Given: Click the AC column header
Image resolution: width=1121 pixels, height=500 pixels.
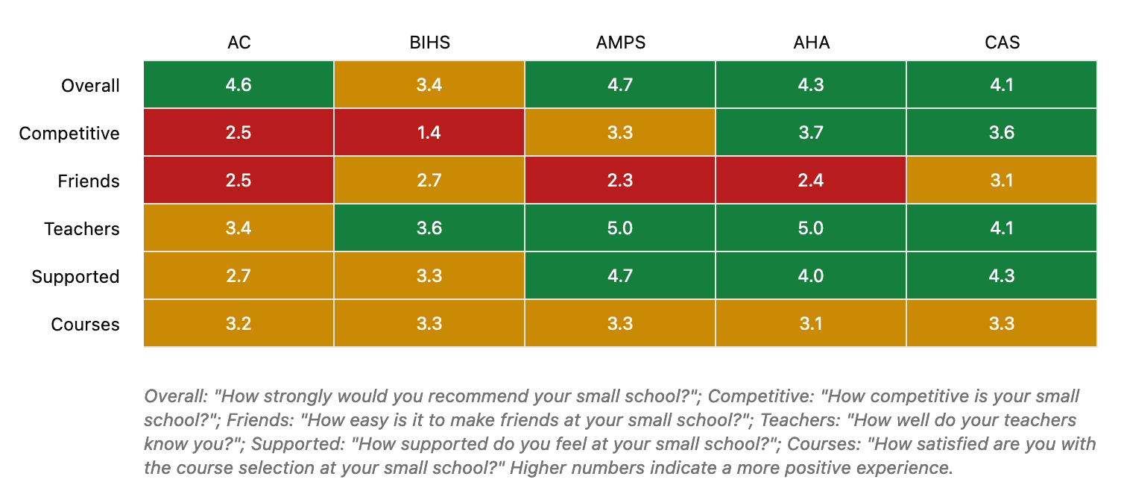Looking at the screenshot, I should (239, 43).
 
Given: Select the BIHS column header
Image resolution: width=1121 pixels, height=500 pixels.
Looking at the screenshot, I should (429, 43).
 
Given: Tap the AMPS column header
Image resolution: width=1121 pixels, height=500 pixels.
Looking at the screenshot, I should (620, 43).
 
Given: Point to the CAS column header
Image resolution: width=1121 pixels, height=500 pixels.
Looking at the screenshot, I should (1002, 43).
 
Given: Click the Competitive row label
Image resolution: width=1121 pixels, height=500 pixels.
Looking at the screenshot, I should (69, 134).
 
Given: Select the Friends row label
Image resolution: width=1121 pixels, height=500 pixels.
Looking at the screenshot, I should (88, 181).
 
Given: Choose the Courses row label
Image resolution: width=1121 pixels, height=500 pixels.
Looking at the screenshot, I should (85, 325).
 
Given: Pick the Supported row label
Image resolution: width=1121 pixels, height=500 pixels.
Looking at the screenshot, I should (75, 277).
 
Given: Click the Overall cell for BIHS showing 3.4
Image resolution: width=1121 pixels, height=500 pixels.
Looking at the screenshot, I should (429, 85).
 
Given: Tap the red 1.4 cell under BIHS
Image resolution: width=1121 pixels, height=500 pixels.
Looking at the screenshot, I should (429, 133).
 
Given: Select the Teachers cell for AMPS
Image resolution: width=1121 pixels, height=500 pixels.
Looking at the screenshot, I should (620, 228).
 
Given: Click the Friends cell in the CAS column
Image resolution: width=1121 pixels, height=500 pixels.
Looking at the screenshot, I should (1002, 181).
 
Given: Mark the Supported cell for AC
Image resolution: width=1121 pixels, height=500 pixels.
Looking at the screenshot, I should (239, 276).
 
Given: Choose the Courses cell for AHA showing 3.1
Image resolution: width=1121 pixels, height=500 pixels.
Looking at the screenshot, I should (811, 324).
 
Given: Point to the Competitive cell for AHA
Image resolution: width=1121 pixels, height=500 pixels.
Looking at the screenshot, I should (811, 133).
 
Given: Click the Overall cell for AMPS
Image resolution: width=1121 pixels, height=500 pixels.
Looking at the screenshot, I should (620, 85).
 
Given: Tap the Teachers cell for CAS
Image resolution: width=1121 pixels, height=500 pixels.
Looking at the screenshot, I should (1002, 228).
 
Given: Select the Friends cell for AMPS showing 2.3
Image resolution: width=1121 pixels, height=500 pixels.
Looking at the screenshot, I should (620, 181).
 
